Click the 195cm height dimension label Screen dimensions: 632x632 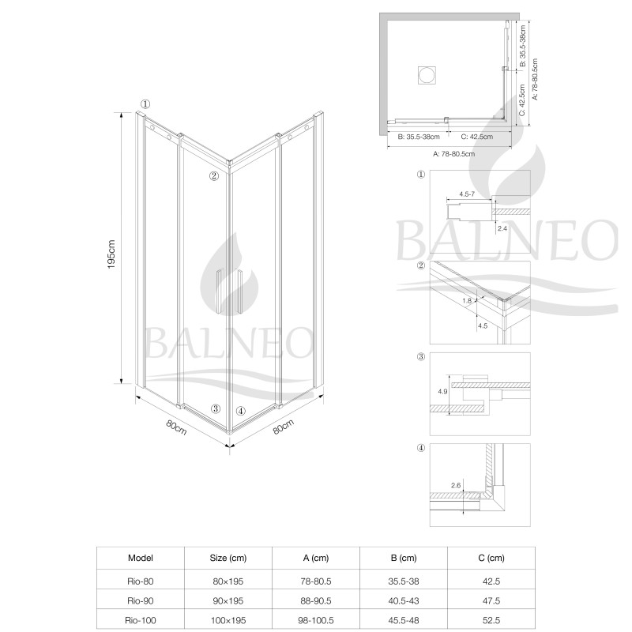(x=111, y=254)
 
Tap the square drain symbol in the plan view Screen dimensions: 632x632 (x=427, y=75)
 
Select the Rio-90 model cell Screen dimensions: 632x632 (x=141, y=600)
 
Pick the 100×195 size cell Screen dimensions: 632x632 (x=228, y=620)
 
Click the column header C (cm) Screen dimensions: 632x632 (x=491, y=558)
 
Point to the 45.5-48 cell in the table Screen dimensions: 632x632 (x=404, y=620)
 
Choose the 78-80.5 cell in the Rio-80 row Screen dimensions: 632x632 (x=316, y=581)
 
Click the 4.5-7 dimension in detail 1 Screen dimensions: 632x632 (x=467, y=194)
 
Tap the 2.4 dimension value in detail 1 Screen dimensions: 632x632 (x=502, y=228)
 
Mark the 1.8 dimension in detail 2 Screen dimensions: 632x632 (x=467, y=301)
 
